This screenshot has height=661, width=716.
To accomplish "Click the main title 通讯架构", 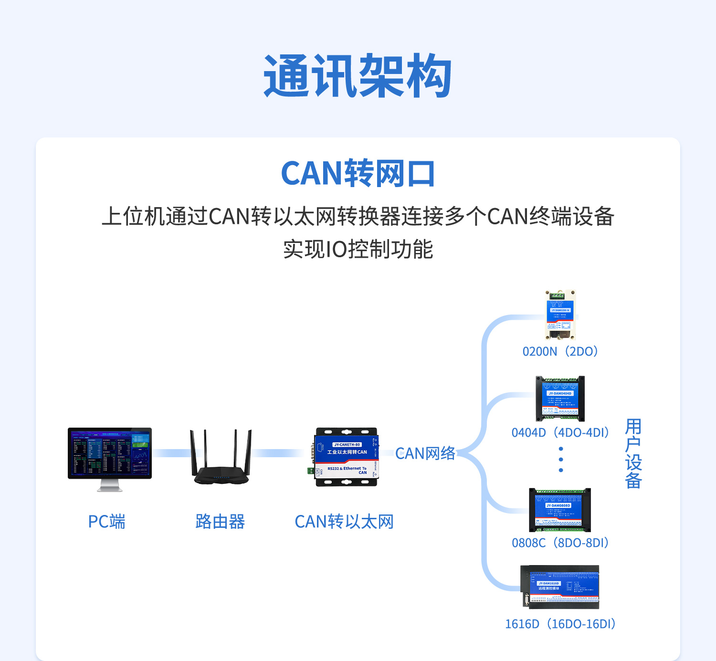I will pos(358,76).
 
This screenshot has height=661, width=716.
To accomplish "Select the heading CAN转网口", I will pos(358,173).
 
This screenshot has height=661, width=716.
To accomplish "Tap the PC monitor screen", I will pos(110,453).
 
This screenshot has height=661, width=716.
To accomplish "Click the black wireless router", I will pos(221,461).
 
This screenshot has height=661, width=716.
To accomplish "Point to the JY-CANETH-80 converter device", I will pos(346,457).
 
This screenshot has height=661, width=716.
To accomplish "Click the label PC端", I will pos(106,522).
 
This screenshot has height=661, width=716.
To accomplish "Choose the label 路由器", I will pos(220,522).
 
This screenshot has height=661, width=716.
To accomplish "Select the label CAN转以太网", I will pos(344,522).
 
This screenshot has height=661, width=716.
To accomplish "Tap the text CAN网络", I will pos(425,453).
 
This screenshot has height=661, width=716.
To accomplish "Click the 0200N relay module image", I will pos(560,315).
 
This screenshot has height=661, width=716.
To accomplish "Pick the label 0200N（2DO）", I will pos(560,352).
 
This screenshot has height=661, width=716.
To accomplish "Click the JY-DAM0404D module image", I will pos(560,399).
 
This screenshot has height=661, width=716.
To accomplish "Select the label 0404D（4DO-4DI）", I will pos(560,433).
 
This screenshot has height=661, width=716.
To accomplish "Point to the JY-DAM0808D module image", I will pos(560,510).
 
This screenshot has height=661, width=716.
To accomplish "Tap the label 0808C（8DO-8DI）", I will pos(560,543).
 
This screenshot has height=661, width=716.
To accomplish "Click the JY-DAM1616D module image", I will pos(560,587).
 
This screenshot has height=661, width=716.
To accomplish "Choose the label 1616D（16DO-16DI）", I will pos(560,624).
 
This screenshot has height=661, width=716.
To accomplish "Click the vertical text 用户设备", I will pos(633,453).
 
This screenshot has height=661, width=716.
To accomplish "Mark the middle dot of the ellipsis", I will pos(561,460).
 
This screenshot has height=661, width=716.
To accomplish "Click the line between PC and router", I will pos(171,453).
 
